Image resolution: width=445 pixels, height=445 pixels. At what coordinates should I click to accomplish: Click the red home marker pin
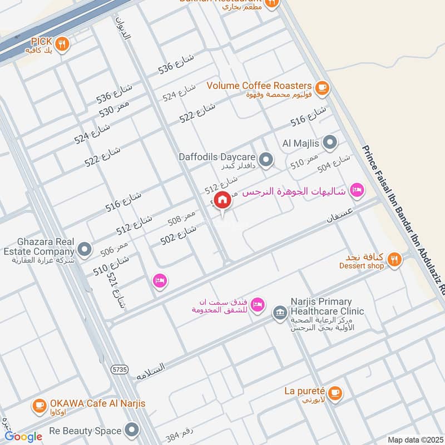pyautogui.click(x=222, y=200)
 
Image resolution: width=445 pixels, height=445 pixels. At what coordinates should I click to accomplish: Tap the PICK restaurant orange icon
pyautogui.click(x=63, y=43)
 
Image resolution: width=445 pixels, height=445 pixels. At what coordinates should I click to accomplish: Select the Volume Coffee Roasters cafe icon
pyautogui.click(x=322, y=87)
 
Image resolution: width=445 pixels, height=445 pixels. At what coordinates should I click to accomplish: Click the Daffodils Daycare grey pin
pyautogui.click(x=266, y=160)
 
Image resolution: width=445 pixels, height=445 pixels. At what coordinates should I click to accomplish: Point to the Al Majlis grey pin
pyautogui.click(x=330, y=144)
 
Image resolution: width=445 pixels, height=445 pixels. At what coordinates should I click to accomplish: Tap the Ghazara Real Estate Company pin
pyautogui.click(x=85, y=249)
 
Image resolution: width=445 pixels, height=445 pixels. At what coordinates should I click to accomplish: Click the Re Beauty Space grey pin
pyautogui.click(x=132, y=430)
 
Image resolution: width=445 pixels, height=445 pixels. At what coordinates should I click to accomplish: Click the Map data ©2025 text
pyautogui.click(x=414, y=440)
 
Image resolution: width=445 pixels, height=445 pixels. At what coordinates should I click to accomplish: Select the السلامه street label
pyautogui.click(x=151, y=371)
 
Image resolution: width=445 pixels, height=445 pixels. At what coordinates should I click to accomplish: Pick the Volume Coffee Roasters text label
pyautogui.click(x=259, y=86)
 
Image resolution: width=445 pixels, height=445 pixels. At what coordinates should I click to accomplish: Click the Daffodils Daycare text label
pyautogui.click(x=216, y=157)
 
